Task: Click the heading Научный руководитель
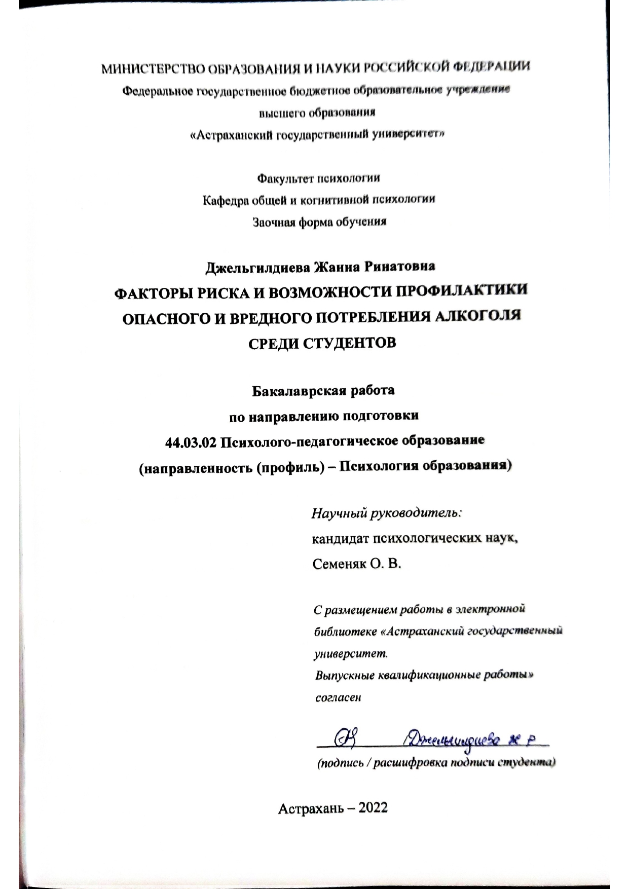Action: coord(387,513)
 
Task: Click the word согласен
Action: coord(338,697)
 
